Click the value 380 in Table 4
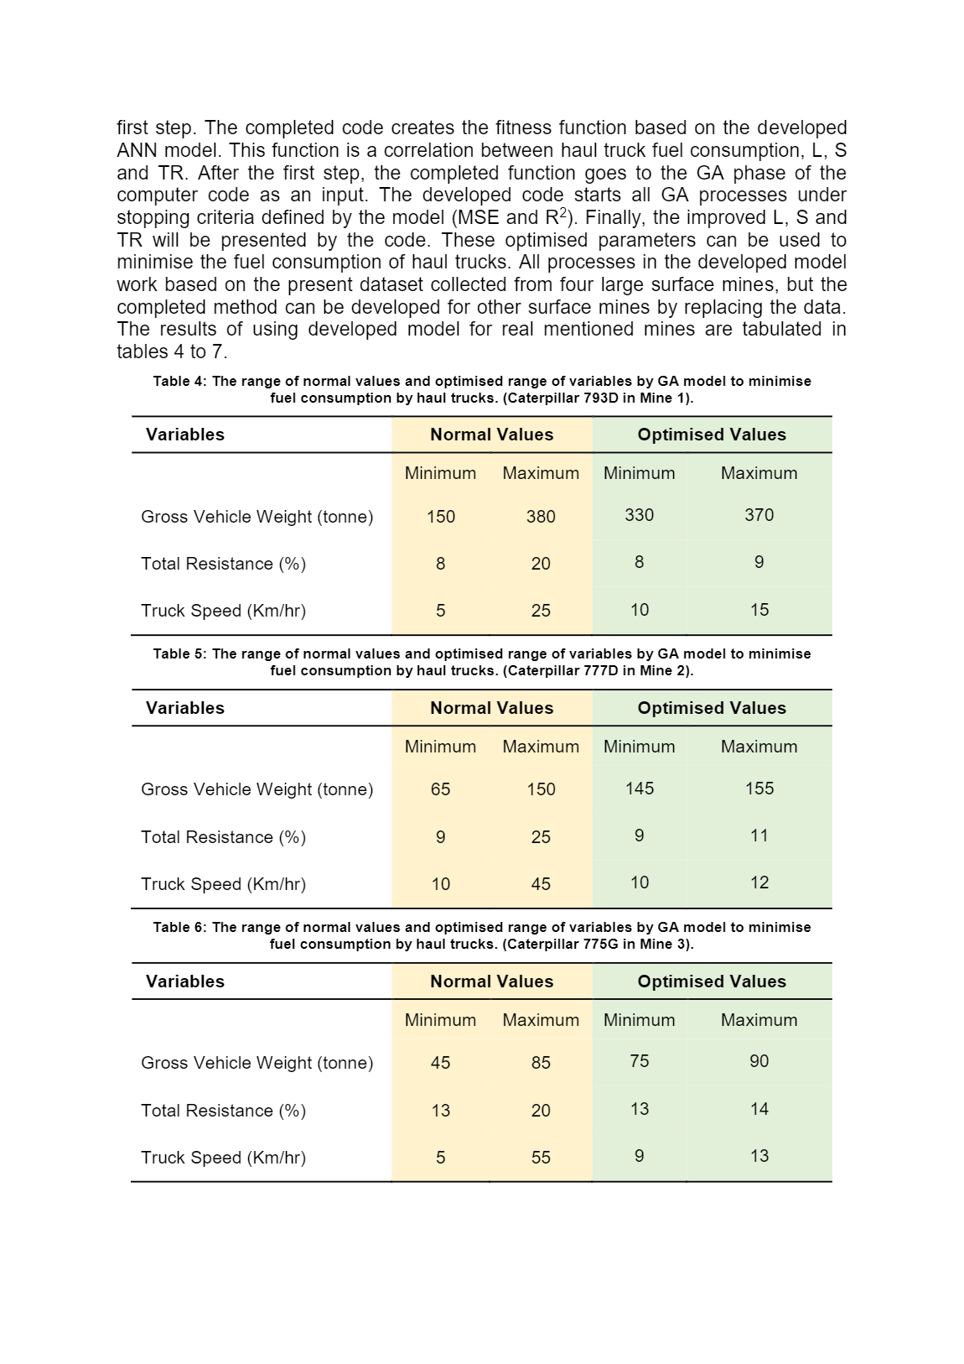541,517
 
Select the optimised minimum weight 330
639,515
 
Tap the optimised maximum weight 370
759,515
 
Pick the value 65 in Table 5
440,789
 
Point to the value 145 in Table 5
639,789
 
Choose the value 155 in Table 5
759,789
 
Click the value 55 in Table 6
541,1158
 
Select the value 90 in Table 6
759,1061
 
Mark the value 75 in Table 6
639,1061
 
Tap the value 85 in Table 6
541,1063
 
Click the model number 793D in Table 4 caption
600,398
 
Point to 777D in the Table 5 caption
600,670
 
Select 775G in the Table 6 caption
600,944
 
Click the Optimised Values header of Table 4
712,435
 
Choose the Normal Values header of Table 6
491,981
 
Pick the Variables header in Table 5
185,708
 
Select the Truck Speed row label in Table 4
223,611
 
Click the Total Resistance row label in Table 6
223,1111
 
